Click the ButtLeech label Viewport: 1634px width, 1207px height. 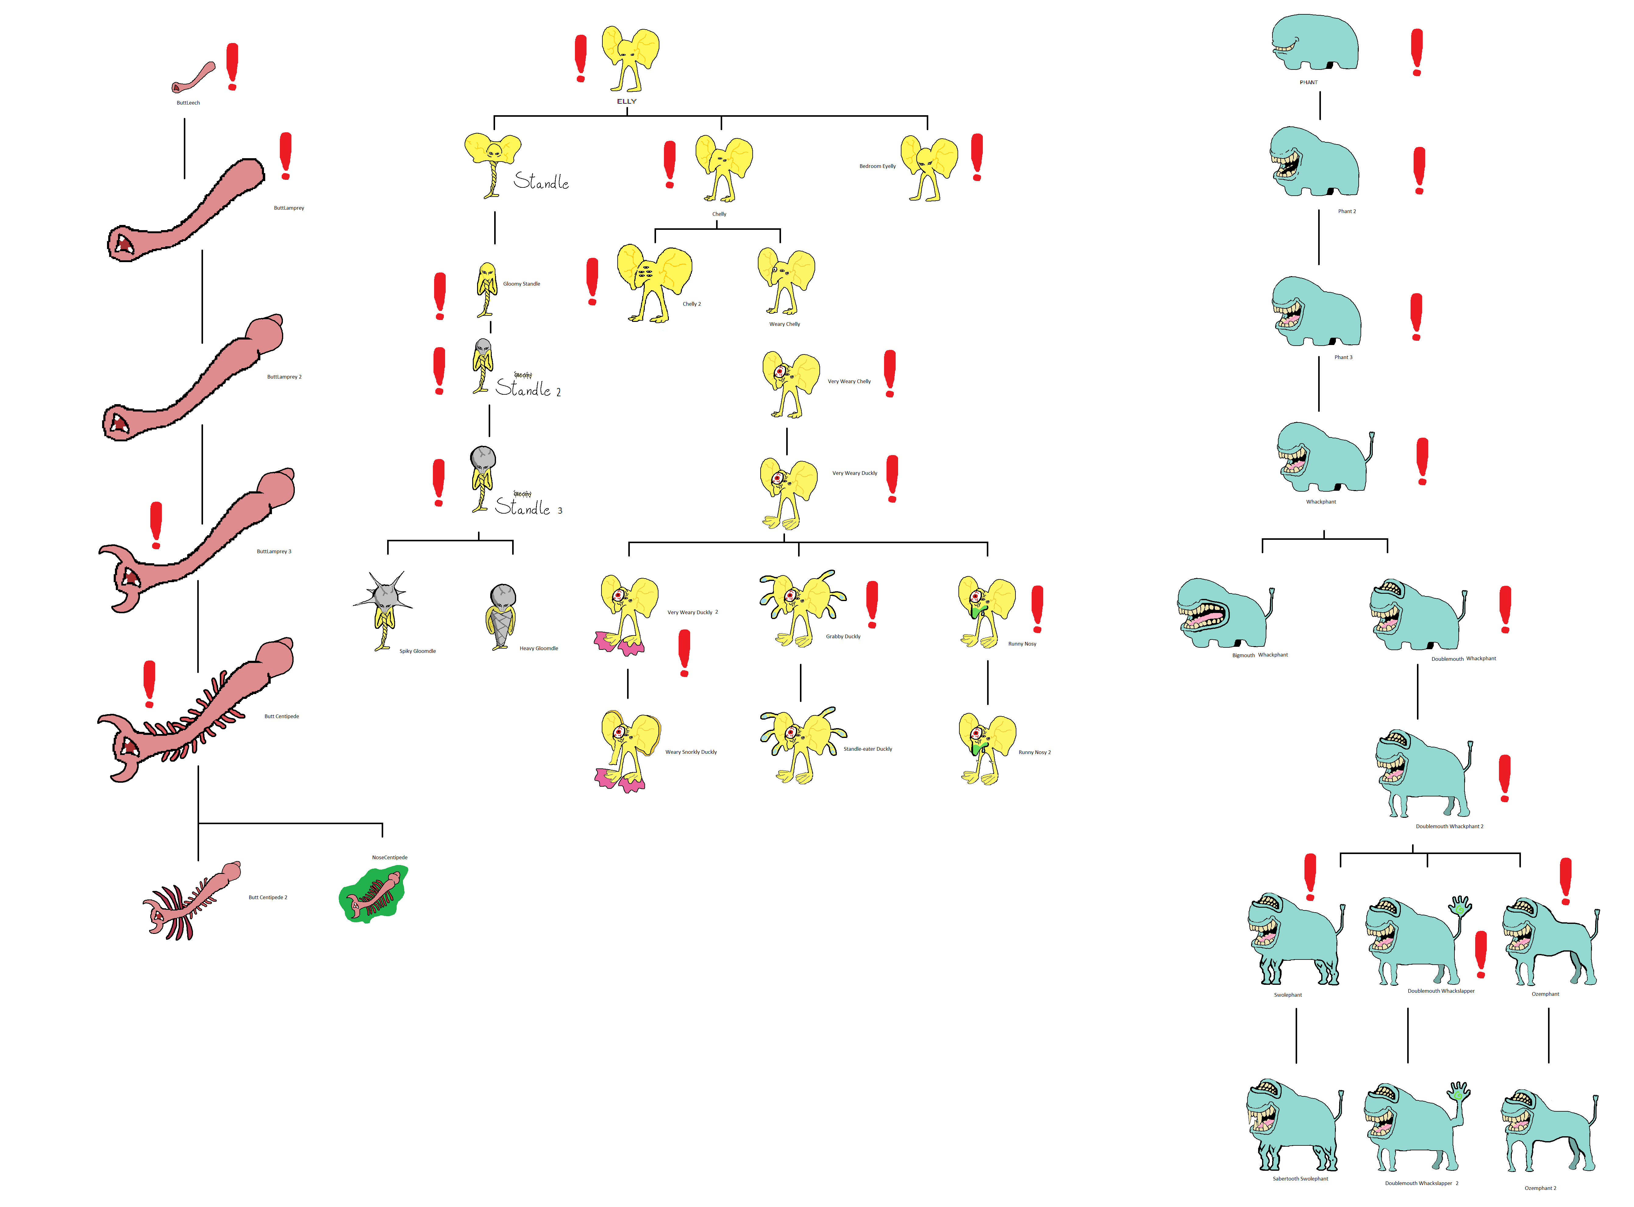tap(188, 103)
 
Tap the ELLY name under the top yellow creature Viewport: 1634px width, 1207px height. tap(626, 101)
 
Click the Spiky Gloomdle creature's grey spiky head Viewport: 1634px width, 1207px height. tap(383, 592)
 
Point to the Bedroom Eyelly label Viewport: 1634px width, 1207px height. tap(877, 167)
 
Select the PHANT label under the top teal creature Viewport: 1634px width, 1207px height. tap(1308, 83)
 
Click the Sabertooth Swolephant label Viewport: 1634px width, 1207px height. tap(1300, 1179)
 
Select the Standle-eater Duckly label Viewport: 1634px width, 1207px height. tap(867, 749)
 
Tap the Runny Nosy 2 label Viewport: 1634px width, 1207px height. tap(1034, 753)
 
